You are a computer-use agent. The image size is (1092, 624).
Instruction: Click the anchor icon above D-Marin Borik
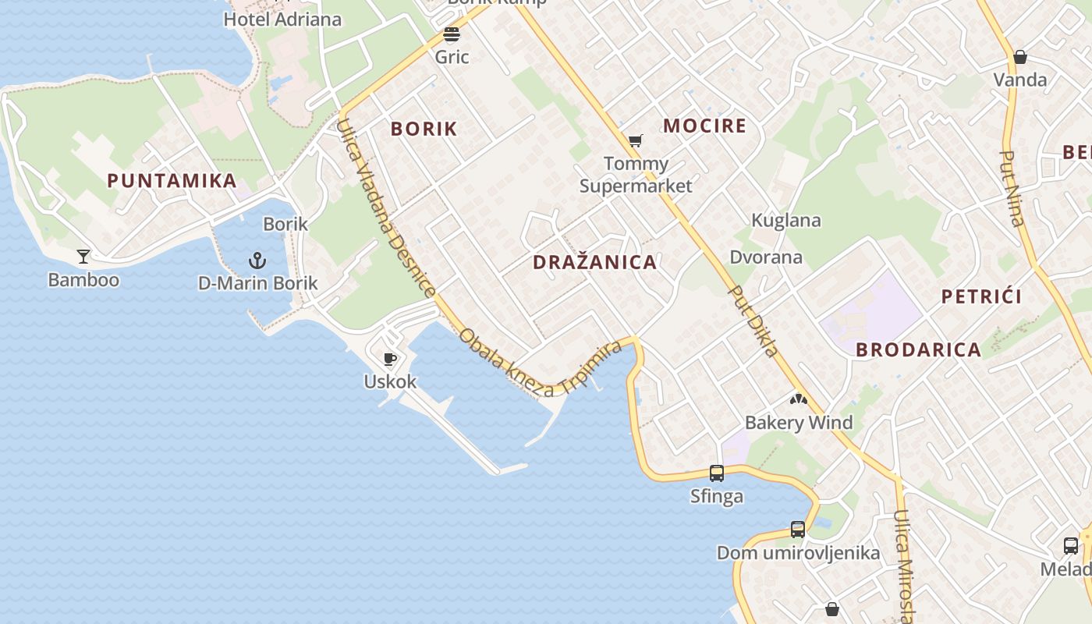tap(257, 261)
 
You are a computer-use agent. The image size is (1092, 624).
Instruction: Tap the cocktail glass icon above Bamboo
tap(83, 256)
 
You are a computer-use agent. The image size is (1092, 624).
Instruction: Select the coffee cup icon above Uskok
tap(390, 359)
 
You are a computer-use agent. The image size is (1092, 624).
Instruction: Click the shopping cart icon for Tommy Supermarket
tap(636, 141)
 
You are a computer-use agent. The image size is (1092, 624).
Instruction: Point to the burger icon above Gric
tap(452, 34)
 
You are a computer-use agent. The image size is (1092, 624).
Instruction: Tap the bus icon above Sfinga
tap(717, 473)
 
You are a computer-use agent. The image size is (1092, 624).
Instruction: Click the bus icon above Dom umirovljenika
tap(798, 530)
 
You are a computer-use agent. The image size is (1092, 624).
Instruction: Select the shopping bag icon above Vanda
tap(1019, 57)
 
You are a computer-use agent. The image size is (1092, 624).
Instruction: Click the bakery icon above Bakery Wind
tap(798, 400)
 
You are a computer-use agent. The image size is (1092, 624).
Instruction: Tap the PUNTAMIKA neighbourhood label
tap(172, 181)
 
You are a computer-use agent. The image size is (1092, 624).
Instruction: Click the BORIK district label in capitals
tap(424, 129)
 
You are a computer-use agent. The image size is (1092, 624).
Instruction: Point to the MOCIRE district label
tap(704, 126)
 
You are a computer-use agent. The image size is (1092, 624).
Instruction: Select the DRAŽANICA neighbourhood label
tap(594, 263)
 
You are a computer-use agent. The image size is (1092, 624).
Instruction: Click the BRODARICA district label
tap(918, 350)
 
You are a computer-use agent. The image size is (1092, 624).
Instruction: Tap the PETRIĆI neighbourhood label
tap(981, 297)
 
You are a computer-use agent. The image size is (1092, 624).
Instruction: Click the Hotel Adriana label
tap(282, 19)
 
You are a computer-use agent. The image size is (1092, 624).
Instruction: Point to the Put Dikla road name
tap(753, 321)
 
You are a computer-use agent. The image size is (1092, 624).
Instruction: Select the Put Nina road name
tap(1012, 188)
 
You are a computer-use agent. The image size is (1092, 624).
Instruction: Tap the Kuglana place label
tap(785, 221)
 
